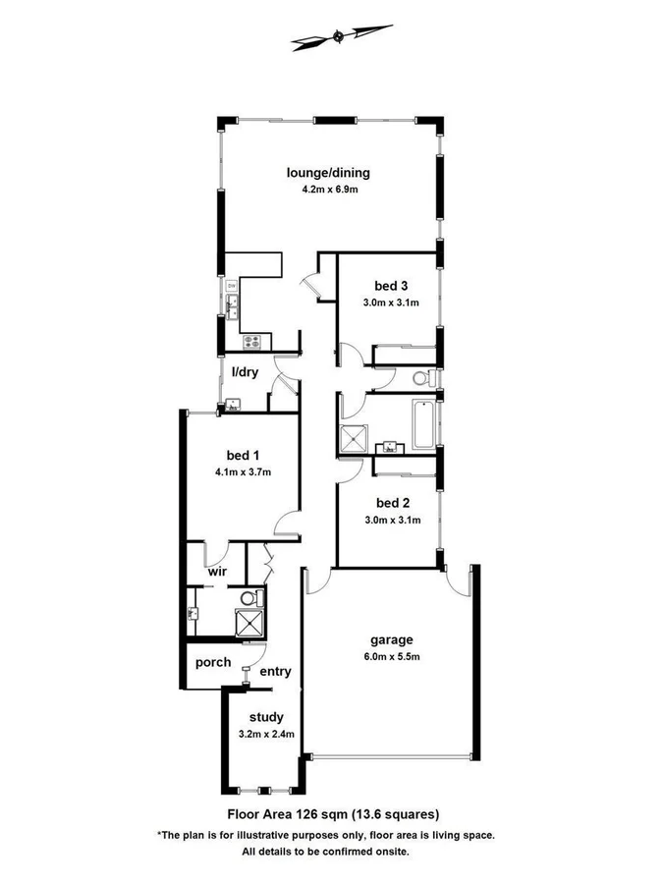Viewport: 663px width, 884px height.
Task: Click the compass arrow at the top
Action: tap(337, 37)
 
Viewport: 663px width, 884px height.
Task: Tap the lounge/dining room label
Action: tap(328, 173)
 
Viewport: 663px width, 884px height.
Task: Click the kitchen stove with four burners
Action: tap(251, 342)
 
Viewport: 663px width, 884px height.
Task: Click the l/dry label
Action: tap(245, 372)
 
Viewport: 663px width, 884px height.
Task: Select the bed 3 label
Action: tap(390, 286)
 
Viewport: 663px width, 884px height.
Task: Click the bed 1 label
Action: tap(243, 455)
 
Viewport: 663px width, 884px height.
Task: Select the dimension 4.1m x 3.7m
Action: tap(243, 471)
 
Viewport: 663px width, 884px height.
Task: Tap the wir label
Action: tap(217, 571)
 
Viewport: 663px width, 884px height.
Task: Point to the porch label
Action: tap(212, 662)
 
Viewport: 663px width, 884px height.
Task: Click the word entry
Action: tap(275, 671)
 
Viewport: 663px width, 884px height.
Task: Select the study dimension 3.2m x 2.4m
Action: tap(266, 734)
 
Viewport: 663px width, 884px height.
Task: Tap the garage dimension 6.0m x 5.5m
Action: tap(391, 655)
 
